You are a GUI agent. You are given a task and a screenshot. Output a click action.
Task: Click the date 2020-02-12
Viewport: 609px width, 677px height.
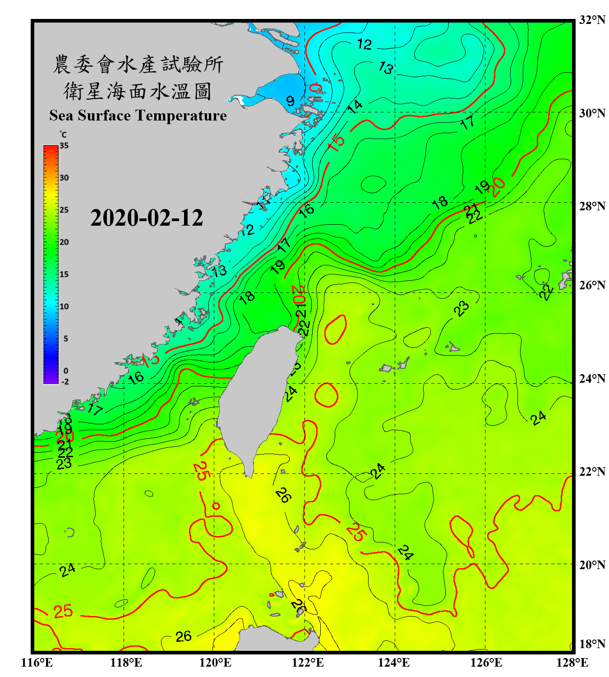pos(147,218)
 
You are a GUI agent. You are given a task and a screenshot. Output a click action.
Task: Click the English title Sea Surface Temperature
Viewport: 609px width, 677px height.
pos(138,116)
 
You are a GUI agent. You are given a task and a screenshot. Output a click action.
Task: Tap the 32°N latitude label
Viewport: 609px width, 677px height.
pos(592,20)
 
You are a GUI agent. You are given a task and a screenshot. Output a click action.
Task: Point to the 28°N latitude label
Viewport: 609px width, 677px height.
pos(592,206)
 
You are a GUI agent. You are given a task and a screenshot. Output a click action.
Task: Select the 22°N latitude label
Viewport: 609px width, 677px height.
pos(592,472)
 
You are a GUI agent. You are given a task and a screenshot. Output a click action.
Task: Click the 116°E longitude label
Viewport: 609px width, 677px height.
pos(37,663)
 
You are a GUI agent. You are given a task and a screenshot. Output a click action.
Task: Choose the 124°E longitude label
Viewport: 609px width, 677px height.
pos(394,663)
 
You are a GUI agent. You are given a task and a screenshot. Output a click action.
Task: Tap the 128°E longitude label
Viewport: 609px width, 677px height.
pos(572,663)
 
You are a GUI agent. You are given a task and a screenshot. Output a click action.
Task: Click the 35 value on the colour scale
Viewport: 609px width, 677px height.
pos(64,146)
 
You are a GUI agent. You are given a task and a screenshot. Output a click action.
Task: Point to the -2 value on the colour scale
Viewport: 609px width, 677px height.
pos(65,382)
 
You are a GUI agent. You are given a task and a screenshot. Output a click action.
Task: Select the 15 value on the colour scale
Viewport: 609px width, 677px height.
pos(64,274)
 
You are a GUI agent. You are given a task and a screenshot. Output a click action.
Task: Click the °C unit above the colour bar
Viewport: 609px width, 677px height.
pos(63,134)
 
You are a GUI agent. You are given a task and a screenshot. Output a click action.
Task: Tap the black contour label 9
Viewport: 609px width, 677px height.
pos(290,101)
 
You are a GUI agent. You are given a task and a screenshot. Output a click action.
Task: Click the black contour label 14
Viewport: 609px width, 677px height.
pos(355,107)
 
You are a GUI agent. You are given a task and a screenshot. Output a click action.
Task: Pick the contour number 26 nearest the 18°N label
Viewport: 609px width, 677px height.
pos(184,636)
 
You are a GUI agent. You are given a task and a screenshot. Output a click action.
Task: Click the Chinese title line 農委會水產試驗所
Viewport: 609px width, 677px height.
pos(138,65)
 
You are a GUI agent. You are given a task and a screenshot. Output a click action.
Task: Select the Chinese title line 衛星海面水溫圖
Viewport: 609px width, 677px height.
pos(138,91)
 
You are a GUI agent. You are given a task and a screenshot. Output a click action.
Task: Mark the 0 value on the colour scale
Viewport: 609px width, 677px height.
pos(66,371)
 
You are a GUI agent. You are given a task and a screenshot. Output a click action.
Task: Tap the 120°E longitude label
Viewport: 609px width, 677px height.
pos(215,663)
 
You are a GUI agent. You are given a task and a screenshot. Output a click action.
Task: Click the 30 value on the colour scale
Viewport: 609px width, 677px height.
pos(64,178)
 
